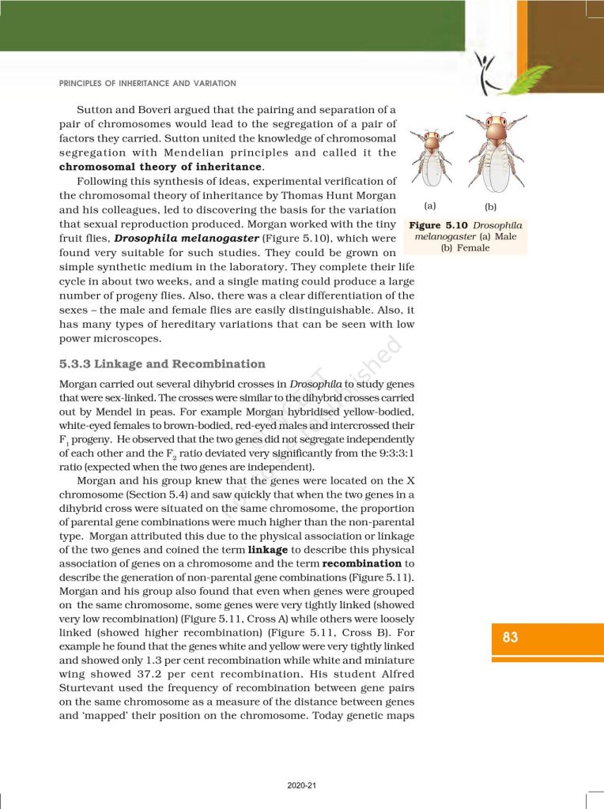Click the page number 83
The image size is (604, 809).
coord(510,637)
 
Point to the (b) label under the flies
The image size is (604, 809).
coord(491,207)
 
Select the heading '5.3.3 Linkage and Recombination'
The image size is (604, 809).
coord(162,364)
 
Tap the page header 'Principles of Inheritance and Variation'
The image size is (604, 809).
coord(148,83)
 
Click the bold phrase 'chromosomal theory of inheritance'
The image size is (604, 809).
coord(160,167)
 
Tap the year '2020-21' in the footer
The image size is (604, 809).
coord(302,785)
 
